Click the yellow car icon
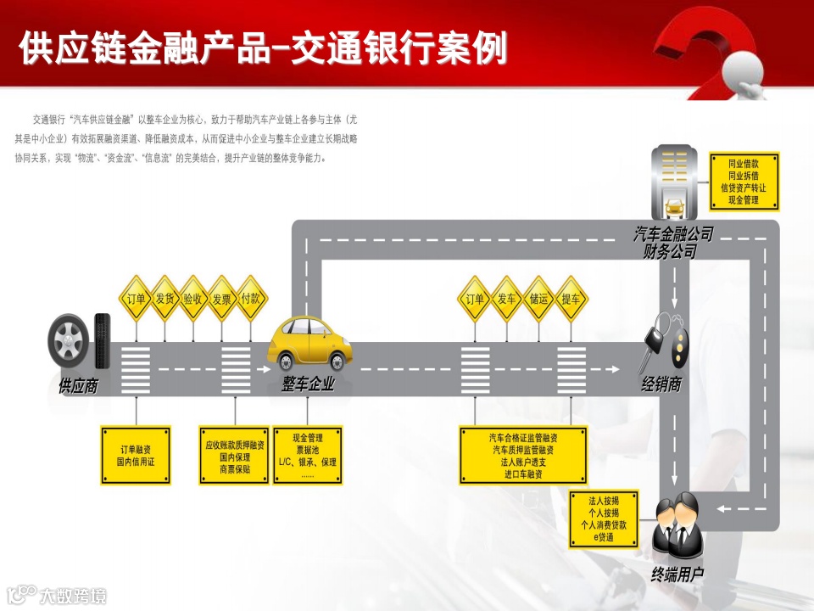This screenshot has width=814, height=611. [x=309, y=343]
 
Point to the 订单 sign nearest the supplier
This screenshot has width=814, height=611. [x=136, y=299]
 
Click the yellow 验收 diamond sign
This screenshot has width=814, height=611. [x=192, y=299]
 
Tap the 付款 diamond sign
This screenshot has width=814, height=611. [x=251, y=299]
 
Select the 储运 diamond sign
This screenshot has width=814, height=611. [x=538, y=299]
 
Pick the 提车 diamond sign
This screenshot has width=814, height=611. [x=571, y=299]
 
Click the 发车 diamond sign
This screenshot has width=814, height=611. [x=507, y=299]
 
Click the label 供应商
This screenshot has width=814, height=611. [x=78, y=387]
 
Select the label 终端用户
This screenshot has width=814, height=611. [x=677, y=575]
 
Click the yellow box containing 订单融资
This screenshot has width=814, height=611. [x=136, y=455]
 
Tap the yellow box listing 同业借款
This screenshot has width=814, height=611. [x=743, y=181]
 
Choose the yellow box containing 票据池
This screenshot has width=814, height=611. [x=307, y=455]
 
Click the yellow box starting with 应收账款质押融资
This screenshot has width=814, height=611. [x=234, y=455]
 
